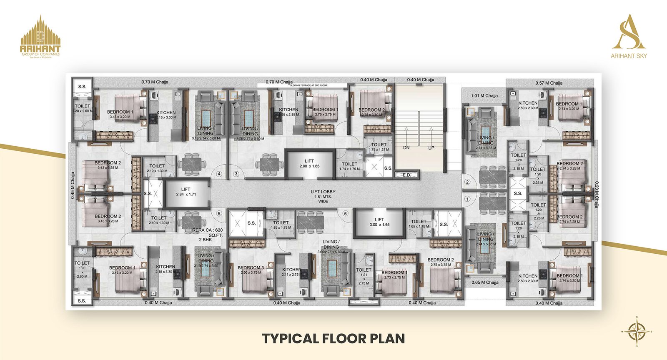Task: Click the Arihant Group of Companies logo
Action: click(x=40, y=37)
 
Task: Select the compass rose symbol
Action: click(x=637, y=332)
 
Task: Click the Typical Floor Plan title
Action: click(x=333, y=338)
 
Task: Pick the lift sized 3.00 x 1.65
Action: click(x=379, y=222)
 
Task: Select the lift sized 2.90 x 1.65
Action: click(x=309, y=163)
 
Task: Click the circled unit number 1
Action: click(x=467, y=199)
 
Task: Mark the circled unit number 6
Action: click(x=345, y=214)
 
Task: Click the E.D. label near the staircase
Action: click(x=407, y=175)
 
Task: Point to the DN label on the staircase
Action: click(x=406, y=148)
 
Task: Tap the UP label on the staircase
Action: click(x=431, y=148)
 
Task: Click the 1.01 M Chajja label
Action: click(x=484, y=96)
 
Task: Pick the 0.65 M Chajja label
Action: click(x=485, y=282)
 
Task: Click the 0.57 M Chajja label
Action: click(x=549, y=83)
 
